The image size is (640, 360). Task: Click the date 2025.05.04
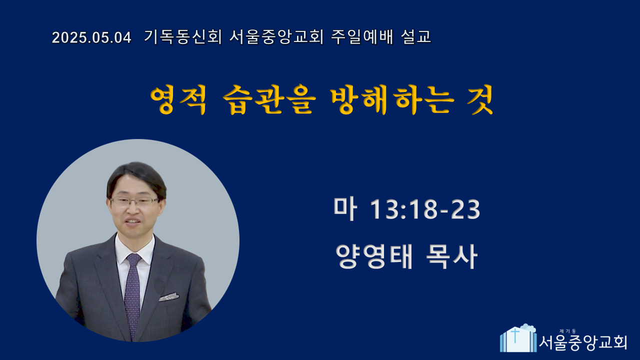(91, 37)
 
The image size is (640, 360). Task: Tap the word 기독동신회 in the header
(183, 37)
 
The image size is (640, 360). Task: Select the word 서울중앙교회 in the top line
(276, 37)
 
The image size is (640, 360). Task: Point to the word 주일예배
(362, 37)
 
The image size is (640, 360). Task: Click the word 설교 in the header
(416, 37)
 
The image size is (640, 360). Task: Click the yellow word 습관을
(269, 99)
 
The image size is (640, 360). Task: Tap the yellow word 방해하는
(392, 99)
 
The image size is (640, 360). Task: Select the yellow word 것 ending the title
(480, 99)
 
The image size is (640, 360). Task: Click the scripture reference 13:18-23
(425, 209)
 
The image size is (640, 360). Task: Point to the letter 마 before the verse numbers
(345, 209)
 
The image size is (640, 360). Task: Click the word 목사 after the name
(451, 256)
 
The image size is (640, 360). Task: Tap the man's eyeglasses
(134, 201)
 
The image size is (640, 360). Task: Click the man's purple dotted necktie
(133, 294)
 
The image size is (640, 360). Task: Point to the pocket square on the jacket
(169, 297)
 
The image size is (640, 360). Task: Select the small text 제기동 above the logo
(567, 331)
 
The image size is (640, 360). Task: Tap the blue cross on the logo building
(515, 335)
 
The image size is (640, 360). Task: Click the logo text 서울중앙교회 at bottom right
(583, 342)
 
